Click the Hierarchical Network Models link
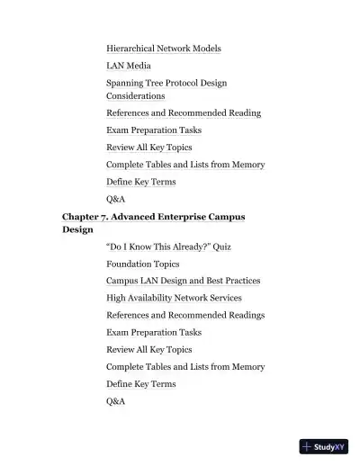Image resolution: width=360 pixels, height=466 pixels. click(x=163, y=49)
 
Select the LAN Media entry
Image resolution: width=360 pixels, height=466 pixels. click(x=129, y=66)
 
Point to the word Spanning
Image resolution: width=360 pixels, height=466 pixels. click(x=126, y=84)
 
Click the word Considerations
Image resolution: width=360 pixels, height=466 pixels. click(x=135, y=95)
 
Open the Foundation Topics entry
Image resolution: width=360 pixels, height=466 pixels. click(x=142, y=264)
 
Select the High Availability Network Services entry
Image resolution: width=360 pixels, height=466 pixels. click(x=174, y=298)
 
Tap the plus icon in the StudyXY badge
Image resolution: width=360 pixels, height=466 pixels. click(x=308, y=446)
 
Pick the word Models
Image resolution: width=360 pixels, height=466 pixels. click(x=205, y=49)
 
